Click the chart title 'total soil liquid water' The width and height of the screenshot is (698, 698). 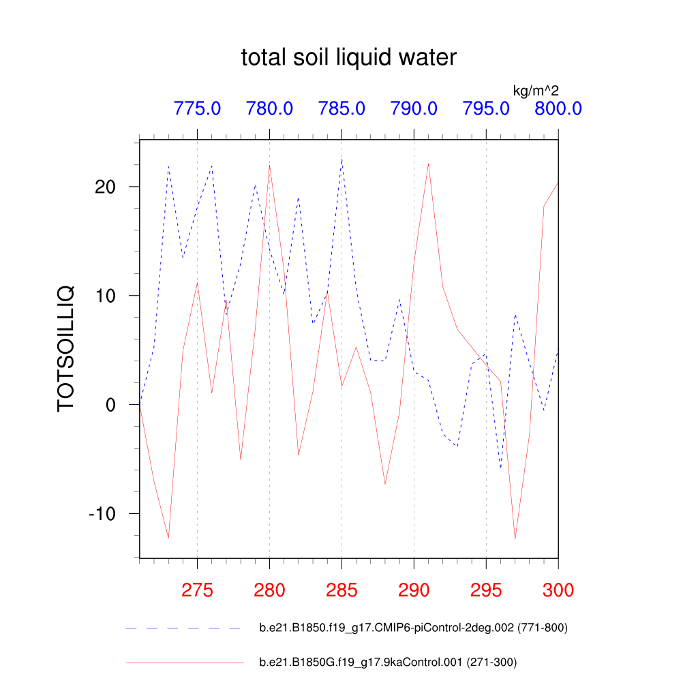(348, 58)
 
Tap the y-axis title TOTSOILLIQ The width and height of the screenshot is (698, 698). (65, 349)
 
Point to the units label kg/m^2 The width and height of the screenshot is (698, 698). (536, 89)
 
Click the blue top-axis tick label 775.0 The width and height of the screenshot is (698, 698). (197, 108)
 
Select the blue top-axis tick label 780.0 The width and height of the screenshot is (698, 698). (269, 108)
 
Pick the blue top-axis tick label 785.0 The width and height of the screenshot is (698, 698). (342, 108)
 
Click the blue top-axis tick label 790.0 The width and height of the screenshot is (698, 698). (414, 108)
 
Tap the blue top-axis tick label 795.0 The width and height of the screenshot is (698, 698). (486, 108)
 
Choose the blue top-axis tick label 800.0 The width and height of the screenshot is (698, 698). (558, 108)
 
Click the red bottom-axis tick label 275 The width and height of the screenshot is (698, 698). (197, 590)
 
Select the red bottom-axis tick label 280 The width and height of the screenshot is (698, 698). (269, 590)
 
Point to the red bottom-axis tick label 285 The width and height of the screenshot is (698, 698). (342, 590)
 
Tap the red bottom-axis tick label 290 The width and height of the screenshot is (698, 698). (414, 590)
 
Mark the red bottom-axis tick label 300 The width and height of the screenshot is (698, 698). (558, 590)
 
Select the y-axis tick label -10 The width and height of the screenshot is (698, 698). (104, 514)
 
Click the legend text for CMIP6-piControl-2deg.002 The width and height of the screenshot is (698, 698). (413, 628)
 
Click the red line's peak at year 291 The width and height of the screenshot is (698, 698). (428, 164)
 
